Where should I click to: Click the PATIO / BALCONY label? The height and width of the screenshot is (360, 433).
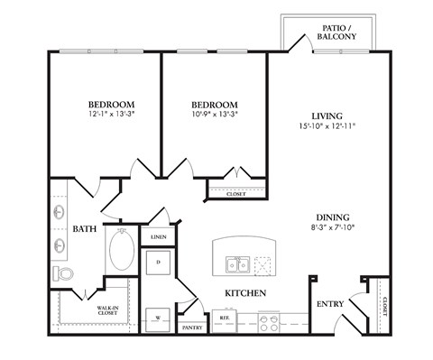[339, 32]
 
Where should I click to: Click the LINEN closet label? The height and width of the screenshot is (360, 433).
[159, 236]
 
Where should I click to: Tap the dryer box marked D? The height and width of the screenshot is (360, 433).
[159, 263]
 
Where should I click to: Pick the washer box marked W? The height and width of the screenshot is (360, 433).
[159, 318]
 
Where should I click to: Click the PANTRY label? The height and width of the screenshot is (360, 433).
[191, 328]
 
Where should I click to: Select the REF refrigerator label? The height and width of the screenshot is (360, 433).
[224, 318]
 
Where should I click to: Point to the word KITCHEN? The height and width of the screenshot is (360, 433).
[244, 294]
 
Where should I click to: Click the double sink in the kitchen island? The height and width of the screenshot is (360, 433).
[237, 265]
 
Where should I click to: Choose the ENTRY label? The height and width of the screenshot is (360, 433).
[329, 304]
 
